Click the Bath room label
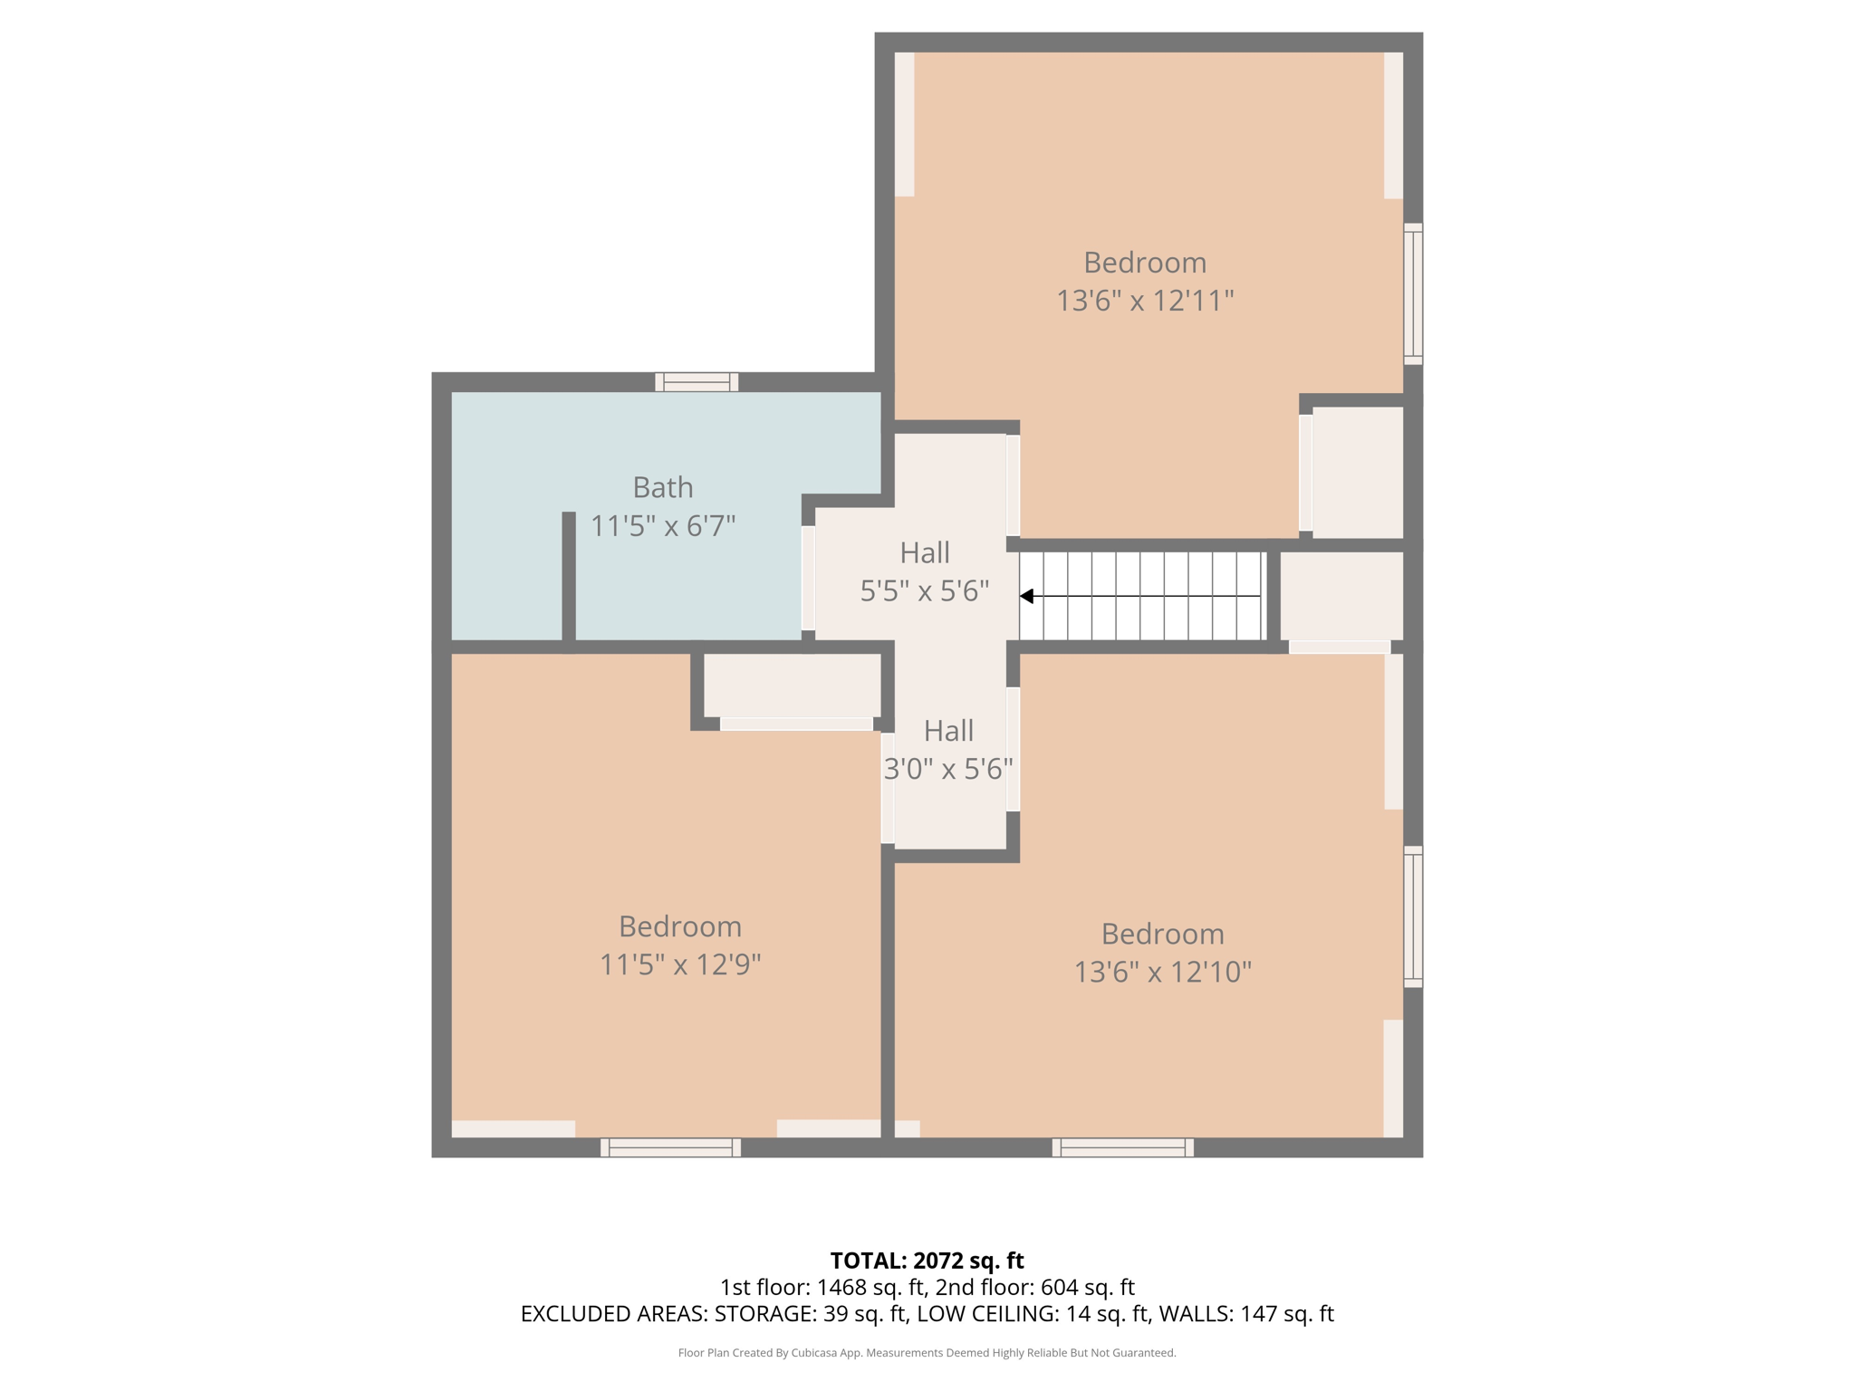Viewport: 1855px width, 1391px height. [x=663, y=487]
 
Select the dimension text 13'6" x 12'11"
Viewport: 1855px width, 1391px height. [x=1145, y=301]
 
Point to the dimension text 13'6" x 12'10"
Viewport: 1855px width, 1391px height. [x=1162, y=973]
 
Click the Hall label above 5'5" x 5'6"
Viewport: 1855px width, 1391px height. [x=924, y=552]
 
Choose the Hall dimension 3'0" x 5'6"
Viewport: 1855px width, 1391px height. [x=947, y=770]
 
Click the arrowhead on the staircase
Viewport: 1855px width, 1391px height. [x=1027, y=596]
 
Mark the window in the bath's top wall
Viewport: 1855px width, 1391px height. [x=697, y=382]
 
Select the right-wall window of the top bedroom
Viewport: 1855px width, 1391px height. [x=1412, y=294]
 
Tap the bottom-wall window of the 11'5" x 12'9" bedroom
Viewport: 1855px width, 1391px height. [x=670, y=1147]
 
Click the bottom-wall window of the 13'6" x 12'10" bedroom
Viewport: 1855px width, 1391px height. [x=1122, y=1147]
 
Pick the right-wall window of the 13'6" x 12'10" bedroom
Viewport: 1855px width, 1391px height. [x=1412, y=916]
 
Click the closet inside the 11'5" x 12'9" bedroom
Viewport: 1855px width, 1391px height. [x=792, y=686]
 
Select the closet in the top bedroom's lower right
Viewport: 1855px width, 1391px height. [x=1357, y=472]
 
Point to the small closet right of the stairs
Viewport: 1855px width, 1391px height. [x=1341, y=596]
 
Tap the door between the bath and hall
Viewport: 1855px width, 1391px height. [x=808, y=578]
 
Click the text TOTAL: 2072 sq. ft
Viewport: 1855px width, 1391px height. [x=927, y=1261]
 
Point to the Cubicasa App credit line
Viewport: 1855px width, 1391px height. [x=927, y=1353]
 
